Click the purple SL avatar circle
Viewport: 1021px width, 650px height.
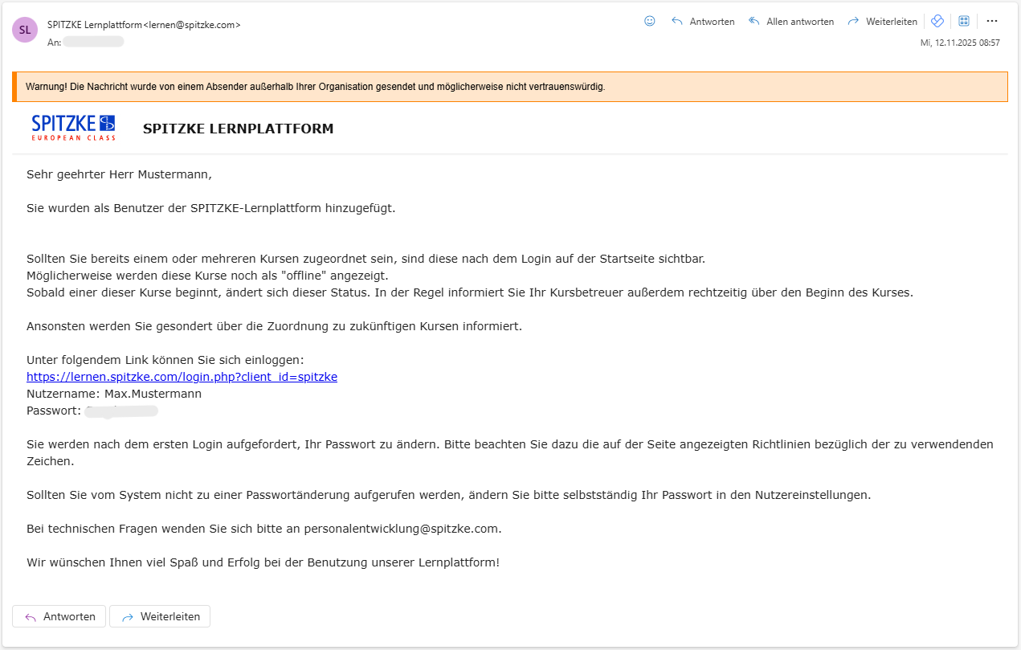[x=25, y=30]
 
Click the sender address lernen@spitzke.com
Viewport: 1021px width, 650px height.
[x=192, y=25]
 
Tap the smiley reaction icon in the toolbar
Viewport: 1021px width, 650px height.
[x=650, y=22]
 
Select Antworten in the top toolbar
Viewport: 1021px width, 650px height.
[x=703, y=22]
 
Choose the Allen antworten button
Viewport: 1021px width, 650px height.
[x=791, y=22]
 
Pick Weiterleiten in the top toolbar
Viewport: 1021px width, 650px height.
[x=882, y=22]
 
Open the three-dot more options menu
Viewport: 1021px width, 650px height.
[x=992, y=22]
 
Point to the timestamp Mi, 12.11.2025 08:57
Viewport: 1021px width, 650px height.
[x=960, y=43]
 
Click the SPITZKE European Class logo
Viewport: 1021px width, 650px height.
[x=73, y=128]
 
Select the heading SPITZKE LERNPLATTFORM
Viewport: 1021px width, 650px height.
[x=238, y=129]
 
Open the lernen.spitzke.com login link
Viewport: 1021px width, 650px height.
[x=182, y=377]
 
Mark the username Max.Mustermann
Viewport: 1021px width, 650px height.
[x=153, y=394]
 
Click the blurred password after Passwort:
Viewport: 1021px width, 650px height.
[x=121, y=411]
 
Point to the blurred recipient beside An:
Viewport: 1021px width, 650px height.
[x=93, y=42]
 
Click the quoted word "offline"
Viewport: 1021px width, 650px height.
[x=298, y=276]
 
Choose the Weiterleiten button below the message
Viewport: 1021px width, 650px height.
[x=160, y=616]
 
